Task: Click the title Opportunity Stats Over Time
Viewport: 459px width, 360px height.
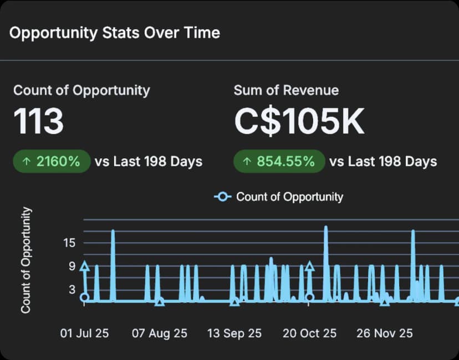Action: (115, 33)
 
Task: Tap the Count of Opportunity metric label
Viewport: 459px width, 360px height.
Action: (81, 90)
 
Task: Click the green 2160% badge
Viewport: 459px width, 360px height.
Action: (52, 162)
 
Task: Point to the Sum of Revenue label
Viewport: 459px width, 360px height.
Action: (286, 90)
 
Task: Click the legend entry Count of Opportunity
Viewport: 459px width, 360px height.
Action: (289, 197)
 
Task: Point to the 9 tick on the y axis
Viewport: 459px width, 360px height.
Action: (72, 266)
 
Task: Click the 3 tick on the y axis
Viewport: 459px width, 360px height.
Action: (72, 289)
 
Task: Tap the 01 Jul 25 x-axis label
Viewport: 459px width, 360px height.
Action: (85, 333)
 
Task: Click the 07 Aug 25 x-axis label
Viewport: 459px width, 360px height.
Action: (159, 333)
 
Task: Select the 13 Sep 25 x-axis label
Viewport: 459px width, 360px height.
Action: (234, 333)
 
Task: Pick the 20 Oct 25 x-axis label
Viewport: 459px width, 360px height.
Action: (309, 333)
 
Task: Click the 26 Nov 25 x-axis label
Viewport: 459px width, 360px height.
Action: (385, 333)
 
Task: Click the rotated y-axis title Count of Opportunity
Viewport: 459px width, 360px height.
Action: (26, 260)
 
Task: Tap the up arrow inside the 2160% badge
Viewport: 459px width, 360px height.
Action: (25, 162)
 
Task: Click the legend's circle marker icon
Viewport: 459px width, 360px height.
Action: (223, 197)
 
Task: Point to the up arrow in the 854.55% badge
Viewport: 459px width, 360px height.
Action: (246, 162)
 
